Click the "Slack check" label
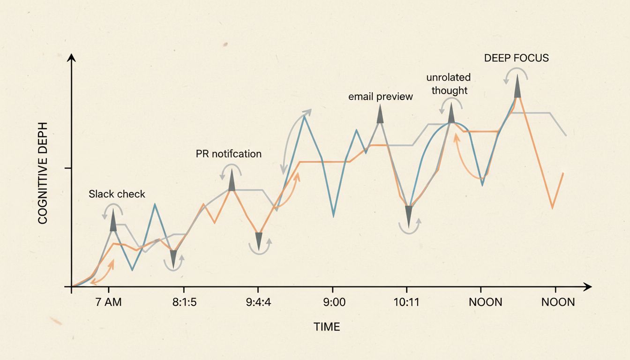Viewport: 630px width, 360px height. click(x=117, y=194)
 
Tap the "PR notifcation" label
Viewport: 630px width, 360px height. click(x=228, y=154)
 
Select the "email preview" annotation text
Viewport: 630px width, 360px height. click(x=381, y=97)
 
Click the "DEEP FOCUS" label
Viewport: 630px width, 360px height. click(x=516, y=58)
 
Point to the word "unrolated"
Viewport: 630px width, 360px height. click(x=448, y=77)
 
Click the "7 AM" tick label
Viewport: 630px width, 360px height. click(x=108, y=302)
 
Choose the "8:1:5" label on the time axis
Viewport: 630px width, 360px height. click(x=184, y=302)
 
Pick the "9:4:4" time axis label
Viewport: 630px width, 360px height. click(x=258, y=302)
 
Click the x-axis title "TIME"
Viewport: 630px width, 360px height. click(x=327, y=327)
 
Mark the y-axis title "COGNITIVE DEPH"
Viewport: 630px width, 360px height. click(x=43, y=173)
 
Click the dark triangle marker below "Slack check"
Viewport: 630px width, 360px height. click(x=113, y=221)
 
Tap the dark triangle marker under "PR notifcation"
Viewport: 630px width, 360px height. click(x=232, y=180)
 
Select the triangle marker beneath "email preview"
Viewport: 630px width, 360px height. click(x=380, y=114)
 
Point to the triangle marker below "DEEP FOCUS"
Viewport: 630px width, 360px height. click(x=517, y=86)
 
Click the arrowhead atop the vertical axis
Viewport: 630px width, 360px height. click(x=71, y=58)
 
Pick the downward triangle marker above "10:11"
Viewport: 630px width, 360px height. click(x=409, y=217)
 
